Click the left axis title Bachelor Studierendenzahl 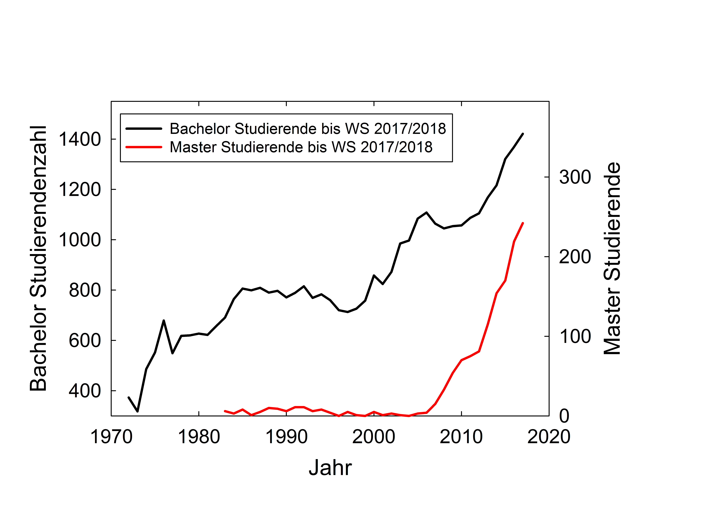click(x=38, y=258)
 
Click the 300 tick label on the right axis click(x=575, y=177)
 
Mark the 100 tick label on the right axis click(x=575, y=337)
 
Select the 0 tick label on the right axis click(x=564, y=416)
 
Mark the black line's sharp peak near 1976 click(x=163, y=321)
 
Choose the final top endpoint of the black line click(x=523, y=134)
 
